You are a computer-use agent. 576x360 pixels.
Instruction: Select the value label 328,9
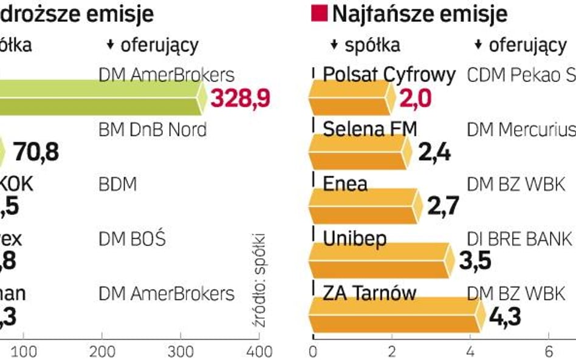coord(239,97)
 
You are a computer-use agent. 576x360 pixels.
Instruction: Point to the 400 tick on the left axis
coord(259,352)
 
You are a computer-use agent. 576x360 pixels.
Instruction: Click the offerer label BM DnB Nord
coord(152,129)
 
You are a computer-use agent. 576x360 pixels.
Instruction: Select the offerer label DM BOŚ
coord(132,239)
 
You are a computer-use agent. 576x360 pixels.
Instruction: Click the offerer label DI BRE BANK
coord(519,239)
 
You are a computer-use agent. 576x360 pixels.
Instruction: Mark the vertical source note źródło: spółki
coord(260,280)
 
